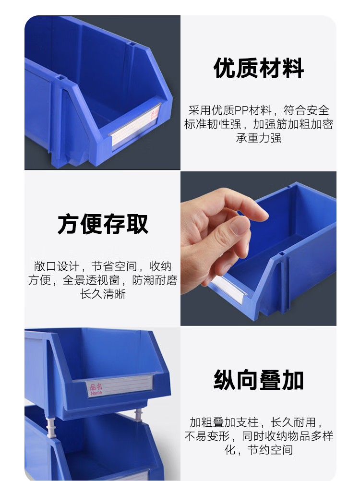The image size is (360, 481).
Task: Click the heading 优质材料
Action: click(x=259, y=68)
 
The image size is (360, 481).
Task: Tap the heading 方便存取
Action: click(x=103, y=224)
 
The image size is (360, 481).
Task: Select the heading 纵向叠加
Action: click(x=259, y=380)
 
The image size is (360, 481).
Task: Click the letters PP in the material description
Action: click(x=241, y=110)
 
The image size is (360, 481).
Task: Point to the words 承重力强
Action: click(x=259, y=138)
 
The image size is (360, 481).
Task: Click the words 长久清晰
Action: click(x=103, y=294)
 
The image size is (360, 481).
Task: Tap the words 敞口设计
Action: click(x=57, y=266)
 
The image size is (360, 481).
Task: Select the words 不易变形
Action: click(x=207, y=436)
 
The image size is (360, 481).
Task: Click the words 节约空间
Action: click(x=270, y=450)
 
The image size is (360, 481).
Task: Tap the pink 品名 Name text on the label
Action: click(x=96, y=389)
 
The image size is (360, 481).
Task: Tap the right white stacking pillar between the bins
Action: click(x=139, y=416)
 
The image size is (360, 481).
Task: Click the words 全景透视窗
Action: click(x=91, y=280)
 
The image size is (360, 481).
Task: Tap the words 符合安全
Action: click(x=306, y=110)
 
